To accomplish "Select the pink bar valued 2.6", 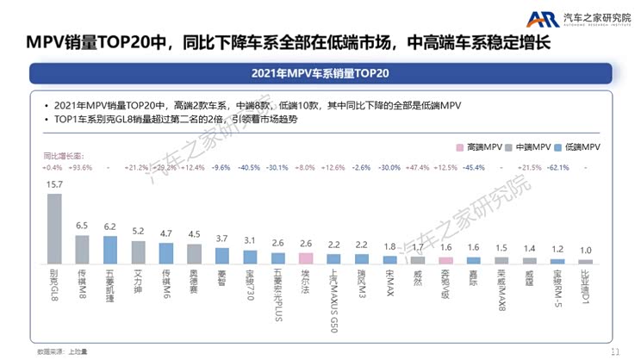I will click(306, 257).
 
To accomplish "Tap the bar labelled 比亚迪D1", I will click(586, 260).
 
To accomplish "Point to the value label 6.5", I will click(82, 226).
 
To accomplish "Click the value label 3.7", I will click(222, 239).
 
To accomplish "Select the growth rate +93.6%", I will click(82, 167).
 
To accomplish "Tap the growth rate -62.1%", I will click(558, 167).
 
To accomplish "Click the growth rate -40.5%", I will click(250, 167).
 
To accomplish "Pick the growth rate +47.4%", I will click(418, 167).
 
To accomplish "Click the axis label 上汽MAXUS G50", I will click(334, 289).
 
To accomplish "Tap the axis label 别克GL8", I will click(54, 284).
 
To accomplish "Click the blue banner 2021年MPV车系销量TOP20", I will click(320, 72).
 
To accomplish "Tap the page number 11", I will click(614, 351).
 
